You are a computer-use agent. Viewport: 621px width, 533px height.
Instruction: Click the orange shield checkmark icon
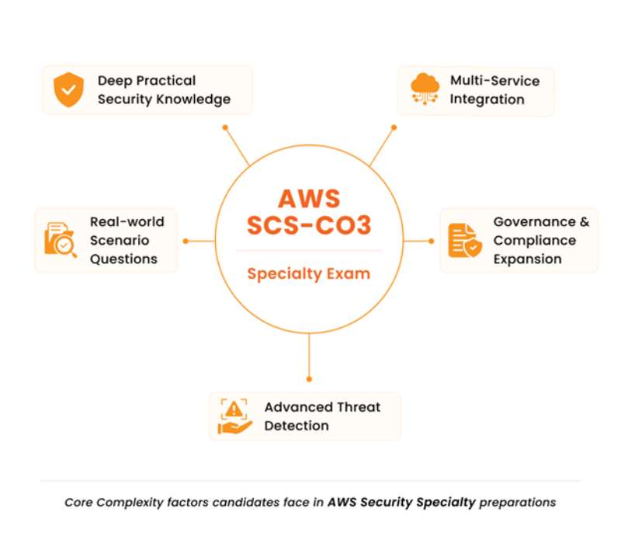click(68, 90)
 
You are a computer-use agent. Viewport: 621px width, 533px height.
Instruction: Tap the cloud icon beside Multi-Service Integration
click(425, 90)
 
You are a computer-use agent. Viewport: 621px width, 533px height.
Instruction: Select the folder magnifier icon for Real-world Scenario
click(61, 240)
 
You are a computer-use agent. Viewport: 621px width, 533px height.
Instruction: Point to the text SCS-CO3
click(309, 226)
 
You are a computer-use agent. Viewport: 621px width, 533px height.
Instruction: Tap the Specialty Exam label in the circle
click(309, 273)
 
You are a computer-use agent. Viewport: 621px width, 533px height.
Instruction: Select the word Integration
click(487, 99)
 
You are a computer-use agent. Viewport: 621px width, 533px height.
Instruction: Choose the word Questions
click(123, 259)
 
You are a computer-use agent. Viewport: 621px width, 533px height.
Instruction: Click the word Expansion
click(527, 259)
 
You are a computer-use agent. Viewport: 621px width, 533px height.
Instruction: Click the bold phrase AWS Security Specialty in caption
click(401, 502)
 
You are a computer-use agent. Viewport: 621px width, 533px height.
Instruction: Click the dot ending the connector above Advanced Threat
click(309, 378)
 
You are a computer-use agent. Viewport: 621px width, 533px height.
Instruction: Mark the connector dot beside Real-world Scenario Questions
click(186, 241)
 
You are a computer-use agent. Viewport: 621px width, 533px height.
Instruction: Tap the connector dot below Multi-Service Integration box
click(394, 127)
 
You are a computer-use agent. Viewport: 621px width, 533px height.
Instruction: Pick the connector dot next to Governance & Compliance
click(431, 241)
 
